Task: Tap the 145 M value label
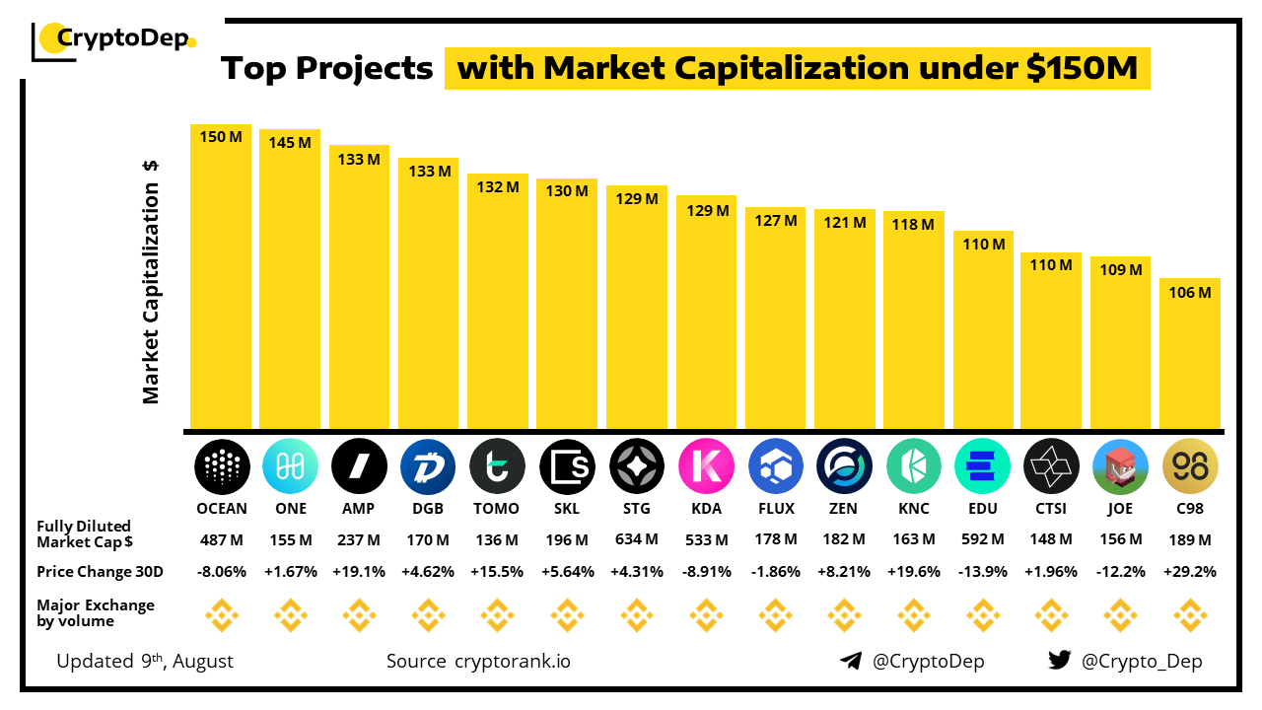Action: pyautogui.click(x=290, y=143)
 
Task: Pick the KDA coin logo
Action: pyautogui.click(x=706, y=466)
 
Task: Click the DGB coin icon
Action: pyautogui.click(x=428, y=466)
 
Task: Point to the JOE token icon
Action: pyautogui.click(x=1121, y=466)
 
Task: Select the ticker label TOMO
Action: pyautogui.click(x=497, y=509)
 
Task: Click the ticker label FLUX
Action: pyautogui.click(x=775, y=509)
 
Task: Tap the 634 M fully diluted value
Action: pyautogui.click(x=637, y=540)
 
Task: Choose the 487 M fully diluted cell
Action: pyautogui.click(x=221, y=540)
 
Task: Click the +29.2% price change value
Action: pyautogui.click(x=1190, y=571)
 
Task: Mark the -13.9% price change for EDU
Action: pyautogui.click(x=983, y=571)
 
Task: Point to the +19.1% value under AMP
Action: pyautogui.click(x=359, y=571)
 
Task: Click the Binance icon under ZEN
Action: pyautogui.click(x=844, y=617)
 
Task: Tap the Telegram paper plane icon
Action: pyautogui.click(x=851, y=661)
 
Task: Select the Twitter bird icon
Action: pyautogui.click(x=1060, y=661)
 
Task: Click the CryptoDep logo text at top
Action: pyautogui.click(x=123, y=39)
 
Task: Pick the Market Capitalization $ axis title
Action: pyautogui.click(x=151, y=281)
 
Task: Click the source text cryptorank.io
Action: pyautogui.click(x=512, y=661)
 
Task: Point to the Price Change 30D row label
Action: pyautogui.click(x=100, y=572)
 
